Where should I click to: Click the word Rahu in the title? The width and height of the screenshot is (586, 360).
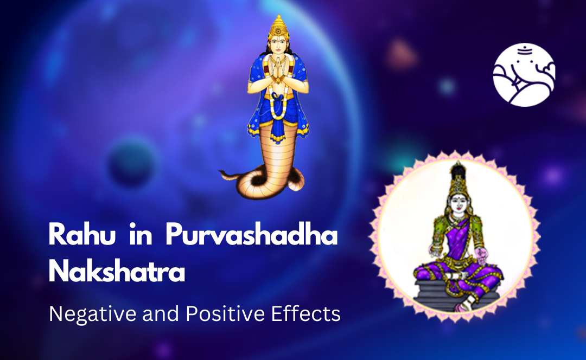click(x=82, y=235)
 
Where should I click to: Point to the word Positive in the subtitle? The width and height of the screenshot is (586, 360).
click(x=226, y=314)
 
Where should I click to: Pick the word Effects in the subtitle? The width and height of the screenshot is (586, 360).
click(x=305, y=314)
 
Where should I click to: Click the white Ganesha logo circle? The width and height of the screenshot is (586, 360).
click(x=524, y=75)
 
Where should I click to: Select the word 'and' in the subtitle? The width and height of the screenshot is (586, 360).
click(x=161, y=314)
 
